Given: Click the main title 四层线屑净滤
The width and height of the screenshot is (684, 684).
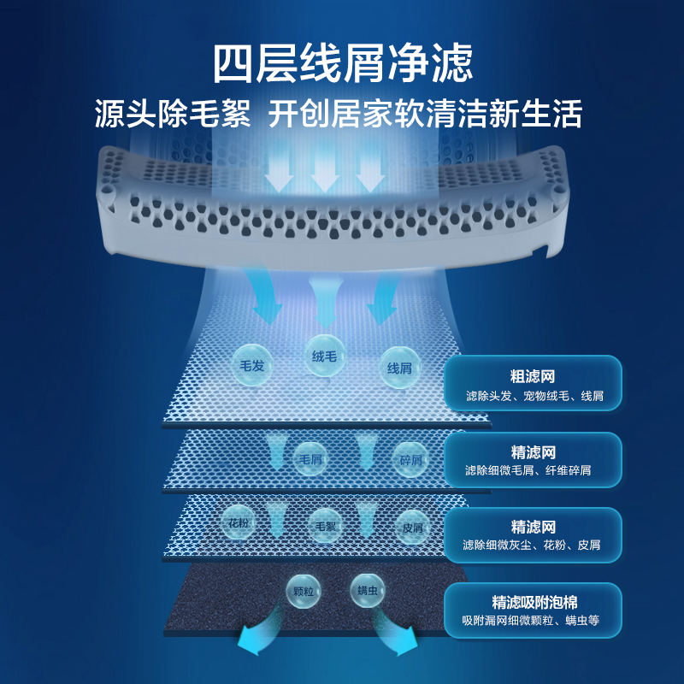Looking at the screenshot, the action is coord(343,63).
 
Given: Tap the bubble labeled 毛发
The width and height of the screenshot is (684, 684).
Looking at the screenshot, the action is coord(252,365).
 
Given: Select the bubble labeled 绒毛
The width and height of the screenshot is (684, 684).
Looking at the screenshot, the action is coord(324,356).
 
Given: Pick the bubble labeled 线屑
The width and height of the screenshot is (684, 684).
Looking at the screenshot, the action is coord(399,368).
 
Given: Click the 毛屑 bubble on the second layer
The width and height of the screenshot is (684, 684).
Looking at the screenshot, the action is coord(310,459).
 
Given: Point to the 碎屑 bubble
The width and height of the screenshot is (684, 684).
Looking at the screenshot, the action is coord(410,459).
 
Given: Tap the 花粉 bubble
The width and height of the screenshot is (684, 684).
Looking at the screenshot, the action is coord(239,522).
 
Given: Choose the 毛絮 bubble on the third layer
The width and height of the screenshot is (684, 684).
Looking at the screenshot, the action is coord(326,526).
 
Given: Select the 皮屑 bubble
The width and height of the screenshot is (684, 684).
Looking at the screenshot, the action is coord(413,528).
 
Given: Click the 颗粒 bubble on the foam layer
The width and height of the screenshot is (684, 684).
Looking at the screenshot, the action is coord(304,591).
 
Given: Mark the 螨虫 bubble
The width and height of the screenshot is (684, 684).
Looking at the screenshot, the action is coord(368,590).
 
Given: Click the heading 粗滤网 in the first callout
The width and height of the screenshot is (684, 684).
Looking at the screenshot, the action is coord(533,376).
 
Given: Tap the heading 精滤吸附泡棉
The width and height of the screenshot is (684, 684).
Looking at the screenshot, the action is coord(534,603).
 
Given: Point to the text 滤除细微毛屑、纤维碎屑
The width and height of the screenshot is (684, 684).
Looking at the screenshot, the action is coord(528,470).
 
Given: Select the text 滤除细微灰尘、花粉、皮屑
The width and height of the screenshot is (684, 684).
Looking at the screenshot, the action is coord(531,545).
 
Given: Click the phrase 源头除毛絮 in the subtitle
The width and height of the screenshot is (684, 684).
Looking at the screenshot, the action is coord(173,114).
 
